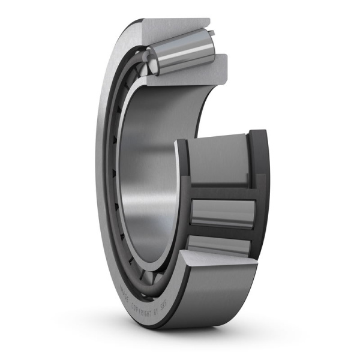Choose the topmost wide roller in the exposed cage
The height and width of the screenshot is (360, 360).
click(x=219, y=159)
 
